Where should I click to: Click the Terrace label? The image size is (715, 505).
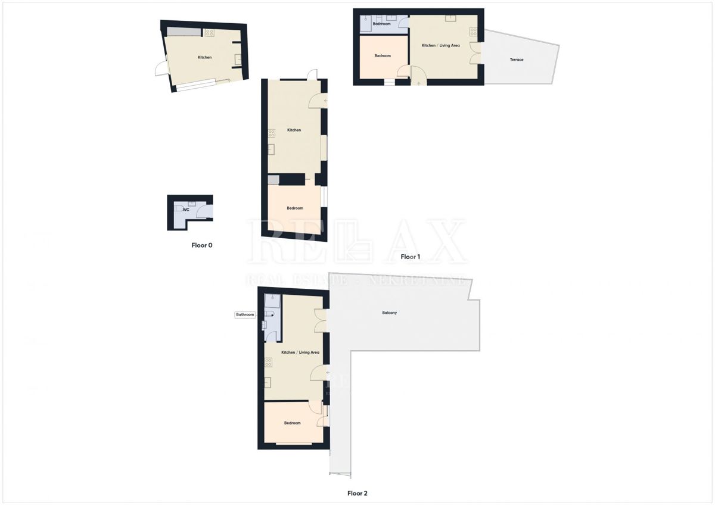point(517,60)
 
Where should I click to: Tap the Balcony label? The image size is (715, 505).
point(390,313)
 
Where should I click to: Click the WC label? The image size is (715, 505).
point(186,210)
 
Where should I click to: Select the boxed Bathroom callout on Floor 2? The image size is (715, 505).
point(245,314)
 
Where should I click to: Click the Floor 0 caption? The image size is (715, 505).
point(201,245)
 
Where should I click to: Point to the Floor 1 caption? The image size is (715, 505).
point(410,257)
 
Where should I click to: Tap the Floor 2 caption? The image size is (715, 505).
point(357,493)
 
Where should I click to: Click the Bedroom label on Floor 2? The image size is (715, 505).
point(292,423)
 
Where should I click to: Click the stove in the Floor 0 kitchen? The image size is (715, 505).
point(209,33)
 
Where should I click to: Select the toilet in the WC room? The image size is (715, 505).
point(178,209)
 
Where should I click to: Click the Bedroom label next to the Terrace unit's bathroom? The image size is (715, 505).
point(383,56)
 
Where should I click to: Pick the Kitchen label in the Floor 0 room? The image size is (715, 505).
point(204,57)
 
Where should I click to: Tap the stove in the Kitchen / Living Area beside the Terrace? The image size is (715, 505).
point(473,32)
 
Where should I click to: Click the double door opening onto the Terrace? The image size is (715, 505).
point(475,53)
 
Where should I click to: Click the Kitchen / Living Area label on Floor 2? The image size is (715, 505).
point(300,353)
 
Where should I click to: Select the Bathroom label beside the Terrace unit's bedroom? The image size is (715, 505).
point(381,24)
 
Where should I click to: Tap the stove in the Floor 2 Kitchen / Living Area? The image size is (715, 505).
point(269,361)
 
